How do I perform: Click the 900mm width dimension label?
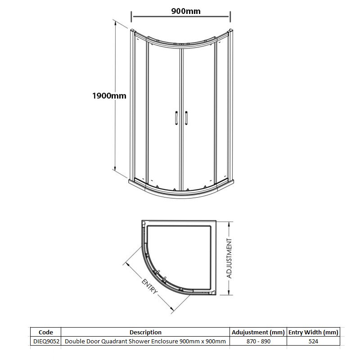[x=186, y=11]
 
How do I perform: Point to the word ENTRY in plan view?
[x=150, y=286]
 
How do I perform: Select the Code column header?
[x=46, y=332]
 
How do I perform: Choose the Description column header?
[x=145, y=332]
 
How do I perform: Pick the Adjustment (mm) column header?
[x=258, y=332]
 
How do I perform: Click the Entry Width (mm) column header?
[x=313, y=332]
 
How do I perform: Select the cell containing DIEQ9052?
[x=46, y=342]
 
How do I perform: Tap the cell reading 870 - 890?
[x=258, y=342]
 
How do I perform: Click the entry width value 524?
[x=313, y=342]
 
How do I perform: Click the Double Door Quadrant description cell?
[x=145, y=342]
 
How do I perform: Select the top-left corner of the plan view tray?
[x=143, y=222]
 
